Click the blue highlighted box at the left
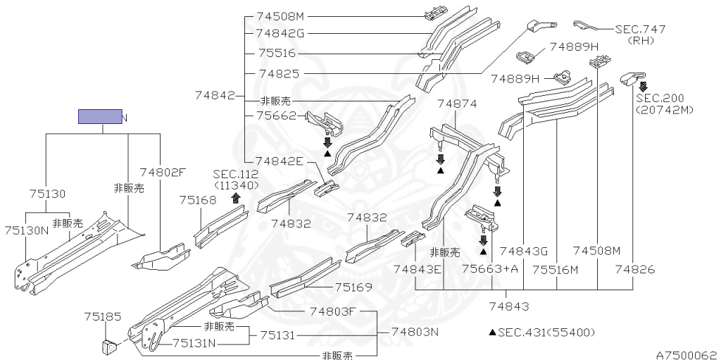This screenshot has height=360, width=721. coord(99,117)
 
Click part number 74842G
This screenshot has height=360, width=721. coord(280,32)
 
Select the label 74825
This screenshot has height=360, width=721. coord(279,73)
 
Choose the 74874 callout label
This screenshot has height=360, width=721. coord(457,104)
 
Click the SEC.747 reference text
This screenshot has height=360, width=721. coord(640,29)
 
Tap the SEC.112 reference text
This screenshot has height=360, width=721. coord(236,174)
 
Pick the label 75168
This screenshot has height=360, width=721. coord(198,200)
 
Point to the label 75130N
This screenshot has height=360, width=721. coord(27,230)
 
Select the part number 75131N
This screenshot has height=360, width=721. coord(196,343)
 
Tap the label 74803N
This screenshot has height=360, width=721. coord(415,331)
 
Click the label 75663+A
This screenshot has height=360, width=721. coord(490,268)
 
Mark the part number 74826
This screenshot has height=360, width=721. coord(635,268)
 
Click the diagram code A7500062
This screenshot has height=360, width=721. coord(686,354)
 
